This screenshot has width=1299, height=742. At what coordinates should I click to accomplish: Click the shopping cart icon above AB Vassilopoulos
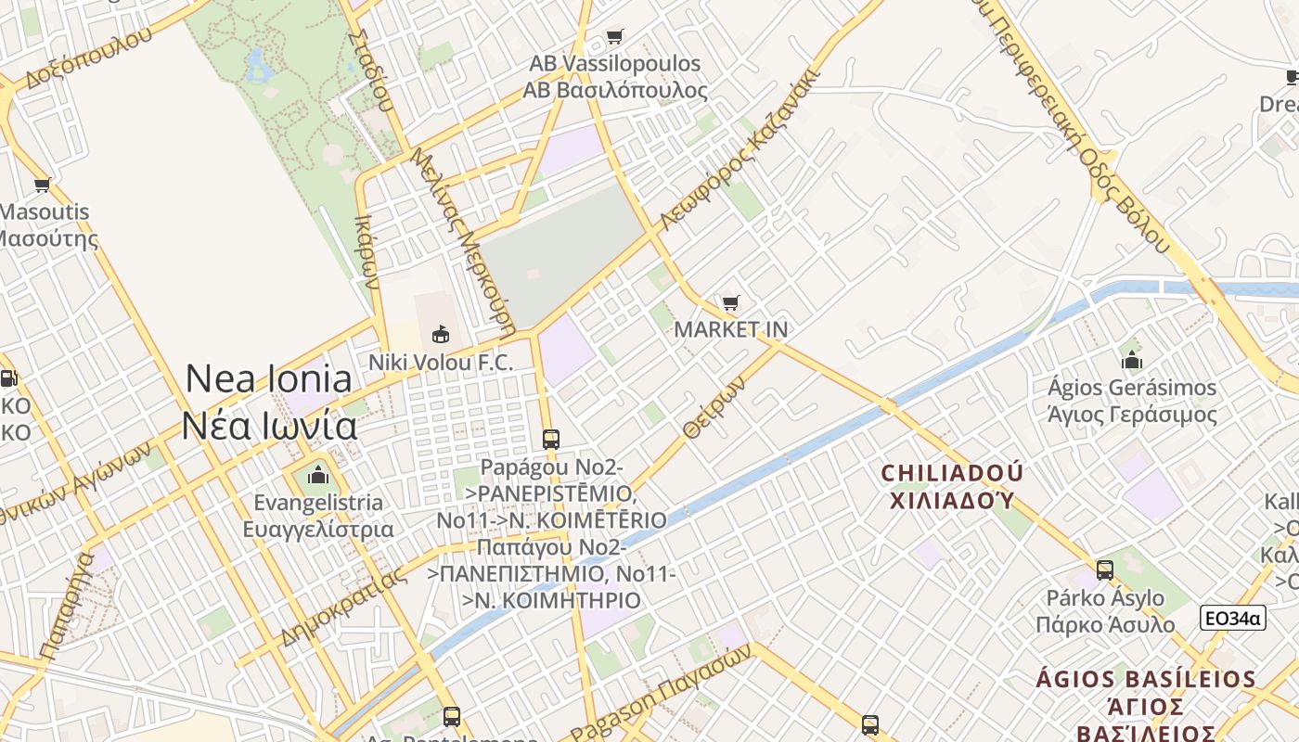pyautogui.click(x=614, y=37)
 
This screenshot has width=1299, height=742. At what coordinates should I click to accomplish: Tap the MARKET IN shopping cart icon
pyautogui.click(x=731, y=303)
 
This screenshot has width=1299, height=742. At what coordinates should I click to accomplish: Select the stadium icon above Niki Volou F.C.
pyautogui.click(x=441, y=334)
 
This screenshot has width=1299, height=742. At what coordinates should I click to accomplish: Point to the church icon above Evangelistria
pyautogui.click(x=318, y=477)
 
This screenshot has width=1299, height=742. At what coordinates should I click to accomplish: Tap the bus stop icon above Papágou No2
pyautogui.click(x=551, y=439)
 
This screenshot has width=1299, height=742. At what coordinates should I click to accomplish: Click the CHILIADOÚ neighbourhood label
pyautogui.click(x=952, y=486)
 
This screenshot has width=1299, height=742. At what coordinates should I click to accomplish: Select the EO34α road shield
pyautogui.click(x=1232, y=618)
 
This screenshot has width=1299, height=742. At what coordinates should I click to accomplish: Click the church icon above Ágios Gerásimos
pyautogui.click(x=1131, y=360)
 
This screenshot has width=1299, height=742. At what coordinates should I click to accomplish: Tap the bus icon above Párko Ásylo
pyautogui.click(x=1104, y=569)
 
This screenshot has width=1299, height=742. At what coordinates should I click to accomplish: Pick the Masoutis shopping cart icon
pyautogui.click(x=42, y=185)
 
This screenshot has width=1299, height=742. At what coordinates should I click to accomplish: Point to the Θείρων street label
pyautogui.click(x=713, y=407)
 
